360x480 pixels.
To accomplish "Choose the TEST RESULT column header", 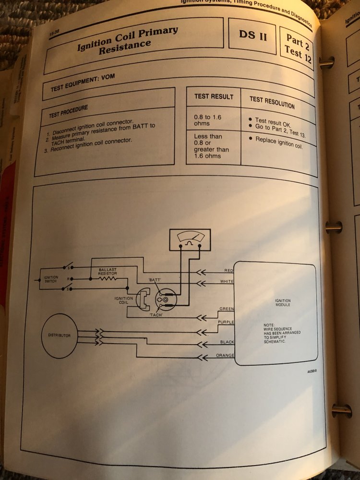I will (214, 96).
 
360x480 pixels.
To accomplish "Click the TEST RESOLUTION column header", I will (272, 101).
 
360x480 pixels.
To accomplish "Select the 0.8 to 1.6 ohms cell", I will (208, 119).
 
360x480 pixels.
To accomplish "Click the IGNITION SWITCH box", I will (51, 279).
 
